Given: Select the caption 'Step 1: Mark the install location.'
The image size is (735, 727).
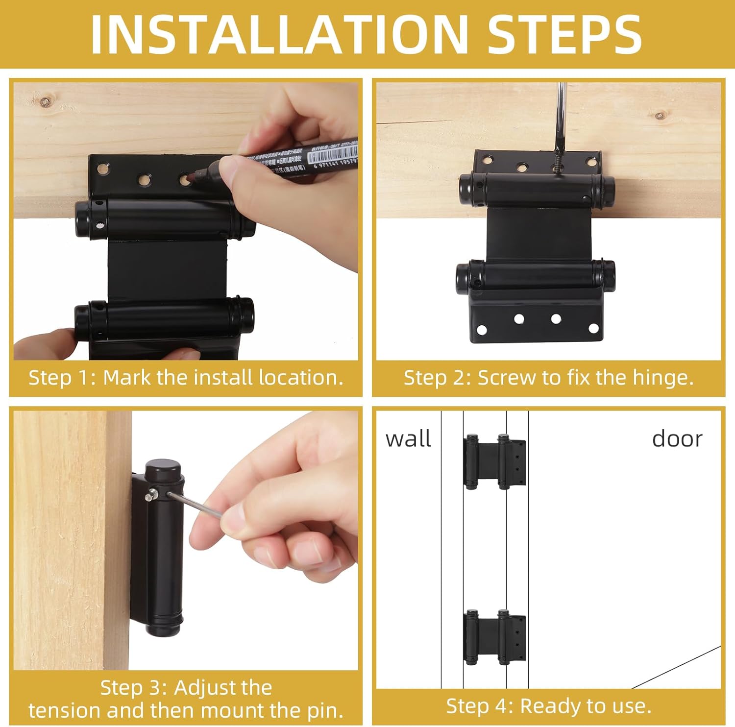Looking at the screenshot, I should coord(186,378).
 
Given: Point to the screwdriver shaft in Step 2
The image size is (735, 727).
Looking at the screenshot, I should coord(561,118).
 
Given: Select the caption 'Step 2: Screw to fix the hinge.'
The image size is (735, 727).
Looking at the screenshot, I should coord(548,378).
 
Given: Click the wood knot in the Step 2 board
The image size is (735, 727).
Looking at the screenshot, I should coord(660,116).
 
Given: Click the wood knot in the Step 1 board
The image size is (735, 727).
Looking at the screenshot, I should coord(45,102).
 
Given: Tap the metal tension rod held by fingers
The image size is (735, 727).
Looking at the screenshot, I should coord(194,505).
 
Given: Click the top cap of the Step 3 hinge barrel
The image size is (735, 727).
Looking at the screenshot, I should coord(163,466).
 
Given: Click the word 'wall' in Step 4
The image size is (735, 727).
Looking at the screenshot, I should coord(408,438).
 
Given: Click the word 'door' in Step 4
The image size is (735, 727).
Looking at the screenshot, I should coord(677,438).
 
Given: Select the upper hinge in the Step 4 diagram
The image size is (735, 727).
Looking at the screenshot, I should coord(494,462).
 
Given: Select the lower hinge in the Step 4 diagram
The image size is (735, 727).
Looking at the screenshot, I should coord(494,637).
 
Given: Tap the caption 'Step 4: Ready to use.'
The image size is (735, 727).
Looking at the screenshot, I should coord(548,706).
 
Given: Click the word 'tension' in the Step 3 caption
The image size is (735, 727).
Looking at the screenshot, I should coord(64,710).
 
